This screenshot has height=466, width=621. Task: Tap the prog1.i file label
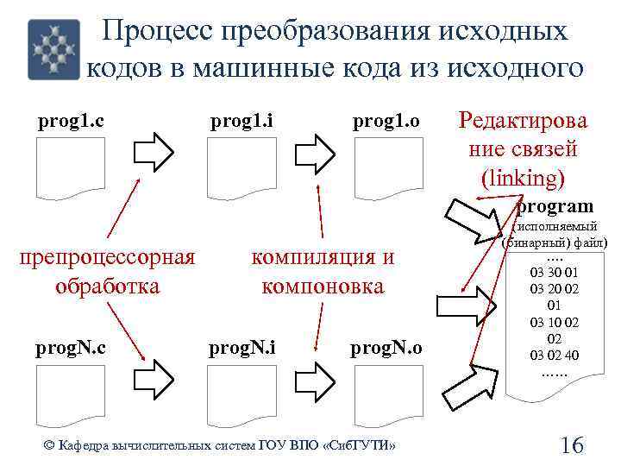pyautogui.click(x=242, y=122)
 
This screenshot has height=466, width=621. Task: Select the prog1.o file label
pyautogui.click(x=386, y=122)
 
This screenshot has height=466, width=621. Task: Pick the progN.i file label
pyautogui.click(x=243, y=348)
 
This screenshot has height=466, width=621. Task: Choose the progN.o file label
pyautogui.click(x=386, y=348)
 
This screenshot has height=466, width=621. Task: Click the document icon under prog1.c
pyautogui.click(x=71, y=167)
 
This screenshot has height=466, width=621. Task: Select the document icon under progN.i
pyautogui.click(x=242, y=394)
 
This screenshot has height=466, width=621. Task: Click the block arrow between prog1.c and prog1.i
pyautogui.click(x=156, y=153)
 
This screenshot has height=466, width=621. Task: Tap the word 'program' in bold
pyautogui.click(x=555, y=206)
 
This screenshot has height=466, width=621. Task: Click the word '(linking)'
pyautogui.click(x=524, y=178)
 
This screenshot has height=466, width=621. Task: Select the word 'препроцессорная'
pyautogui.click(x=107, y=257)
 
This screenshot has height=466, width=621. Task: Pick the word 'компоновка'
pyautogui.click(x=323, y=286)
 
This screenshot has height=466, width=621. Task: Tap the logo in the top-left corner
pyautogui.click(x=53, y=49)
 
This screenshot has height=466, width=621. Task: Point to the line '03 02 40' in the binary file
pyautogui.click(x=555, y=354)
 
